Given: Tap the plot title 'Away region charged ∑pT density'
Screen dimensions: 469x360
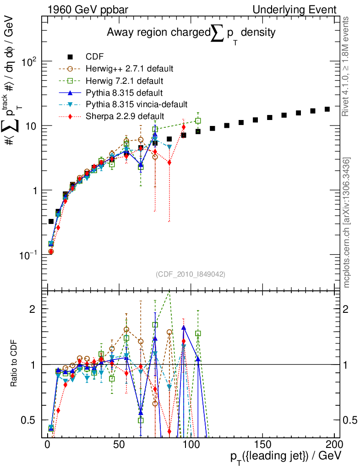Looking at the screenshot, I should coord(191,33).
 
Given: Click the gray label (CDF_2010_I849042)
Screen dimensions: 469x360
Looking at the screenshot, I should coord(191,274).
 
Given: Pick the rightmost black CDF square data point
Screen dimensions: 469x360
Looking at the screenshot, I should coord(327,109).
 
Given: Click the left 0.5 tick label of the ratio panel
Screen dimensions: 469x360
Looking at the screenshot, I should coord(29,420).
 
